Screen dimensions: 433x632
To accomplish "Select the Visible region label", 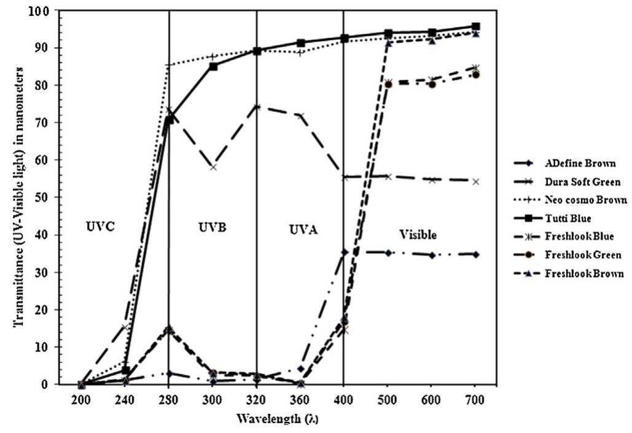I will (x=418, y=235).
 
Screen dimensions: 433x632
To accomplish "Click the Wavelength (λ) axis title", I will (x=279, y=419).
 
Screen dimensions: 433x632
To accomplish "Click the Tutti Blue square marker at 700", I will (x=475, y=27).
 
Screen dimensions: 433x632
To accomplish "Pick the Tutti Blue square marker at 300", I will (x=213, y=66).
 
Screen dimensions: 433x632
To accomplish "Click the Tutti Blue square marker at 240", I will (x=125, y=370).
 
